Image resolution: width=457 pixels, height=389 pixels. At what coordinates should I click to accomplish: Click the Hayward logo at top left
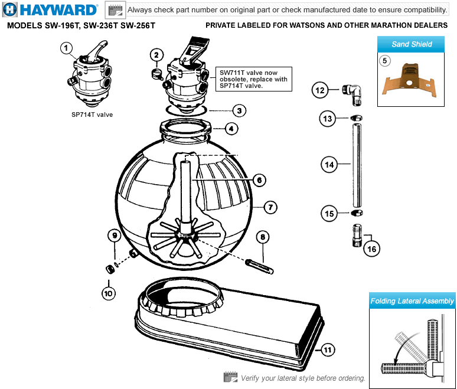point(50,9)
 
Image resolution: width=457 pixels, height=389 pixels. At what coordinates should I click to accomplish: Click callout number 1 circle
point(66,48)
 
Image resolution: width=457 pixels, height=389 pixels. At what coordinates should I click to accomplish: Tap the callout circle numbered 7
point(270,207)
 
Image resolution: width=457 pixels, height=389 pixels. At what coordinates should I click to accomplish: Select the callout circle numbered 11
point(328,349)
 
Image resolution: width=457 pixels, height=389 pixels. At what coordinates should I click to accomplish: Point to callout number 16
point(371,249)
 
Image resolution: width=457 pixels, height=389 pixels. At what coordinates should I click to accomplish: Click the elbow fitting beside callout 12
point(352,95)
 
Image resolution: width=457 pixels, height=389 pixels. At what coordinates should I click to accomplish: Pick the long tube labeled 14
point(357,165)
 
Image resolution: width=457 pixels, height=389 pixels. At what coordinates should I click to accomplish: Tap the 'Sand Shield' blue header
point(411,44)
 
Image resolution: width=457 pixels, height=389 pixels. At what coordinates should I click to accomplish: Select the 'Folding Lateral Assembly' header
point(412,300)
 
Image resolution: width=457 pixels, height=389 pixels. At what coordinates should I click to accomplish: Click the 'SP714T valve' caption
point(92,115)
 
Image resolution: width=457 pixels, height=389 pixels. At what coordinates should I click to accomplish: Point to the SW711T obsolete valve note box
point(253,79)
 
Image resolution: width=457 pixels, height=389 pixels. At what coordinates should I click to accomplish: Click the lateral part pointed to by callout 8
point(259,266)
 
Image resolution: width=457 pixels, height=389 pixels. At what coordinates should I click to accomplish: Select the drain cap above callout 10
point(110,269)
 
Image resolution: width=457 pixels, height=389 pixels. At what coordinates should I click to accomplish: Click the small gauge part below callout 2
point(158,74)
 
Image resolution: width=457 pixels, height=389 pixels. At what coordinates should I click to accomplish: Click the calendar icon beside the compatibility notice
point(115,10)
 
